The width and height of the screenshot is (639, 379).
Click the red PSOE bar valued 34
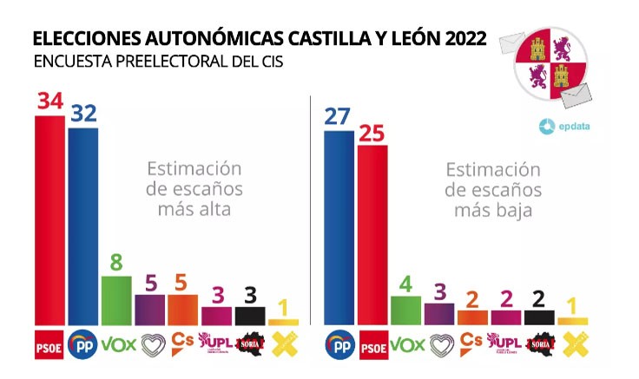[49, 220]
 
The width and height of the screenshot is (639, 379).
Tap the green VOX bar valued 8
[116, 300]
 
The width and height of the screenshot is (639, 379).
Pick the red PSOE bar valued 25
[372, 235]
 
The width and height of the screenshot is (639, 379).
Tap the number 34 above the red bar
[49, 101]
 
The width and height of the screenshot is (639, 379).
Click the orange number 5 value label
[182, 282]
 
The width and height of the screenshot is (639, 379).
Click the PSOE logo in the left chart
[49, 343]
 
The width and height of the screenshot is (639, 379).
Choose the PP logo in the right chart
[339, 343]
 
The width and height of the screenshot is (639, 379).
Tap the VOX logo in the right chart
[405, 343]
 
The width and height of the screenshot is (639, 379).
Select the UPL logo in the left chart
[216, 343]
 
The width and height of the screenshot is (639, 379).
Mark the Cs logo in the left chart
[182, 342]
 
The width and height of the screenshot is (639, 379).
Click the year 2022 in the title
[463, 39]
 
